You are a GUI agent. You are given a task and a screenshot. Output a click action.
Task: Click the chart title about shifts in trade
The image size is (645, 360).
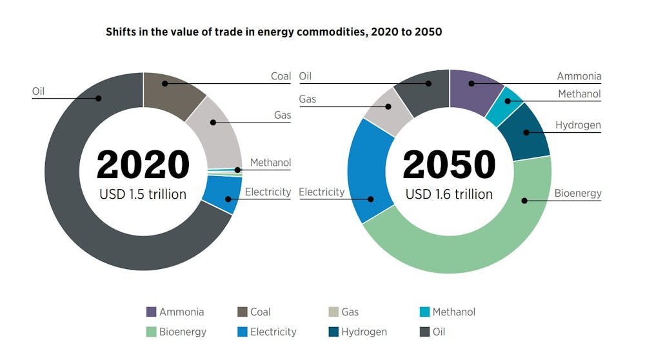coord(273,32)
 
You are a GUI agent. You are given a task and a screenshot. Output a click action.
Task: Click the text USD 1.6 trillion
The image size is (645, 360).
coord(449,194)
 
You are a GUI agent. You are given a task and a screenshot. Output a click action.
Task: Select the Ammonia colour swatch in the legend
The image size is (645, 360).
coord(152,312)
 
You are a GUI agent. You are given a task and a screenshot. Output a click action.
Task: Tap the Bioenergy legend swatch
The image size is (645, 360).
coord(152,332)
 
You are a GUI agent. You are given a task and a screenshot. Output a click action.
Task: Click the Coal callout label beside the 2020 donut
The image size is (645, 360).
coord(281,76)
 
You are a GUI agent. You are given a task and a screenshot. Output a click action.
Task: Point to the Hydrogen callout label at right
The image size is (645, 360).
coord(578,125)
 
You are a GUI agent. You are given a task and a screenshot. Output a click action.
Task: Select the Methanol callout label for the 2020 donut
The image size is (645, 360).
coord(270,162)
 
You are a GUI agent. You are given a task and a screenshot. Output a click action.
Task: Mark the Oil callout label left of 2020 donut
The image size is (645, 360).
coord(38,91)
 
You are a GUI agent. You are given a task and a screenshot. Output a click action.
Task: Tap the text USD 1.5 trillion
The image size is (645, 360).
coord(143,194)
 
